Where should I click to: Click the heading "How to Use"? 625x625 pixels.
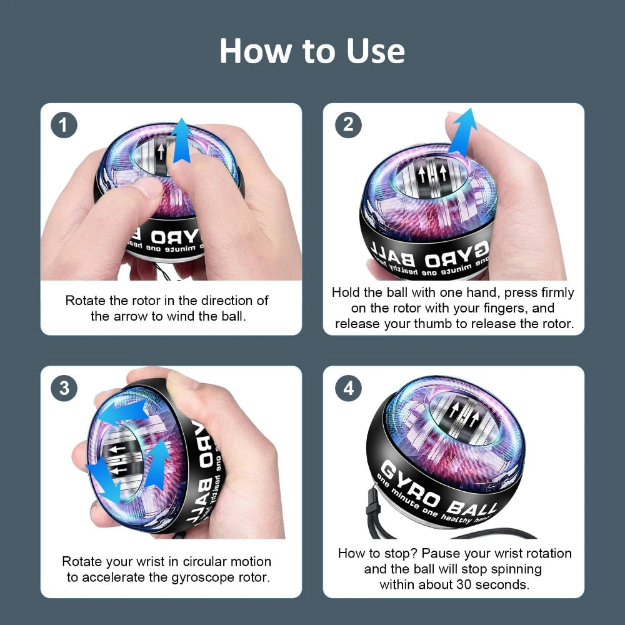pos(312,51)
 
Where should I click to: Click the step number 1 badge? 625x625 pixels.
pos(64,126)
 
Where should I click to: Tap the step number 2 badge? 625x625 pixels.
pos(348,125)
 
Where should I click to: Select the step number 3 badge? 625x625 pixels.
pos(64,388)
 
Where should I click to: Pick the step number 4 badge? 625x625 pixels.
pos(348,389)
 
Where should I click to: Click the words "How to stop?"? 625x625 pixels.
pos(377,553)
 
